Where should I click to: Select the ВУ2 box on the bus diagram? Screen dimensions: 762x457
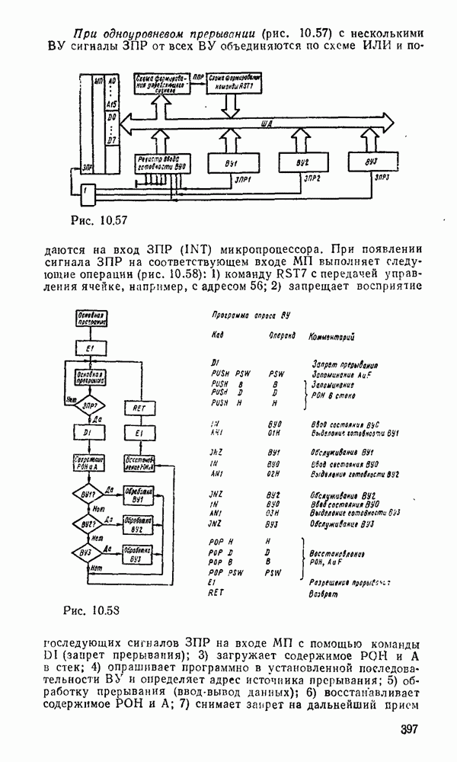click(x=302, y=165)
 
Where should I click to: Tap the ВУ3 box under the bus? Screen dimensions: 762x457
click(x=372, y=162)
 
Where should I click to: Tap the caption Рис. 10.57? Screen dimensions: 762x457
click(x=97, y=221)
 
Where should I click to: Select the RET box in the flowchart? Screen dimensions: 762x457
click(x=139, y=408)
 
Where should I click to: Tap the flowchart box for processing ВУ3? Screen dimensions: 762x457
click(x=138, y=552)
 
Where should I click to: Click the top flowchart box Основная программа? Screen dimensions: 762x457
click(x=89, y=319)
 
